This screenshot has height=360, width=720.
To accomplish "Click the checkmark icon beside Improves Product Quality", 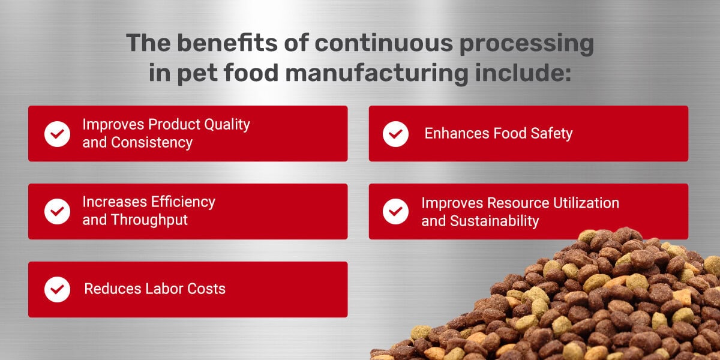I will [x=58, y=134].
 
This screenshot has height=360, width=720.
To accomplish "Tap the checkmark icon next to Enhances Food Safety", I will [x=396, y=134].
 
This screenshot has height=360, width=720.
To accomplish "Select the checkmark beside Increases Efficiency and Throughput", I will [x=58, y=211].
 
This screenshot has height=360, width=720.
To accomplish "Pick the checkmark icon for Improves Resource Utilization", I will [x=396, y=211].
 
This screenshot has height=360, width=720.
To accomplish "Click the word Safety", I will [x=551, y=133].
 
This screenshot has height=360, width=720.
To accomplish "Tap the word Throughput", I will [x=149, y=220].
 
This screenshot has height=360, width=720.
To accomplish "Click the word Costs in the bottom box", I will [x=206, y=289].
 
